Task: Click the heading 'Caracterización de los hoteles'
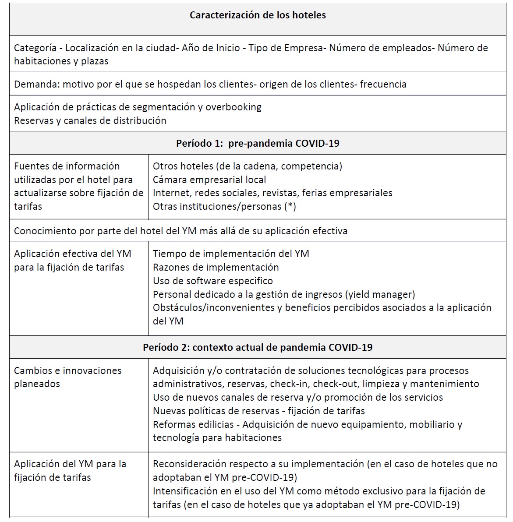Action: tap(258, 15)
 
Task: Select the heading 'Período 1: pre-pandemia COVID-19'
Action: tap(258, 143)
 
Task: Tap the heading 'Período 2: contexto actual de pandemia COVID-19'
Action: tap(258, 347)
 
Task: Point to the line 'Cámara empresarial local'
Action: tap(209, 180)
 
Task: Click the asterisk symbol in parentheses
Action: tap(290, 207)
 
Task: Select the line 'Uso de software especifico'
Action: tap(212, 281)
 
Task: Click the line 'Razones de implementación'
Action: tap(216, 267)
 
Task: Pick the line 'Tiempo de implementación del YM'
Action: tap(231, 254)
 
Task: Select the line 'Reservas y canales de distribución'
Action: tap(90, 121)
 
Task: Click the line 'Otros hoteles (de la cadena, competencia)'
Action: tap(248, 166)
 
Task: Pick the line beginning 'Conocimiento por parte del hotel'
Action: tap(180, 231)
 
